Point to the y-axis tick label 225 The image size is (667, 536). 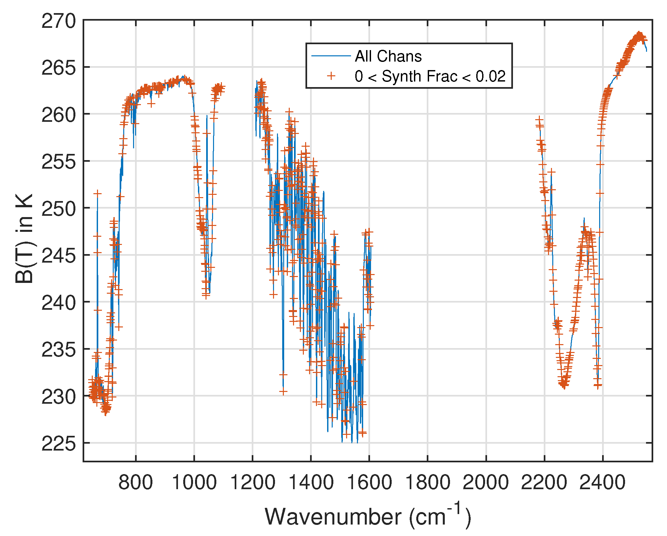coord(58,444)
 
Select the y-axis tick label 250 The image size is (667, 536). coord(58,209)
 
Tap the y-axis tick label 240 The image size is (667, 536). coord(58,303)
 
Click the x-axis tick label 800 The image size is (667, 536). coord(135,482)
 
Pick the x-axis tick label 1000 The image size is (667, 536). coord(194,482)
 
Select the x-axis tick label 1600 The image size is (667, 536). coord(369,482)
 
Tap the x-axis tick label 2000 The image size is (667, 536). coord(486,482)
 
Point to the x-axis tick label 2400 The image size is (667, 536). coord(602,482)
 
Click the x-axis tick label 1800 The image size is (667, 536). coord(427,482)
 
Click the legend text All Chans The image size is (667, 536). coord(388,56)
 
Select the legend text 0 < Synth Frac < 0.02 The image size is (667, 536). coord(430,76)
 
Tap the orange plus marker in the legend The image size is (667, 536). coord(331,76)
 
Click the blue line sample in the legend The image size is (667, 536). coord(331,56)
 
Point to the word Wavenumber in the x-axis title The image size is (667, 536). coord(333,517)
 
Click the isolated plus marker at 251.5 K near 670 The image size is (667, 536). coord(97,194)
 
